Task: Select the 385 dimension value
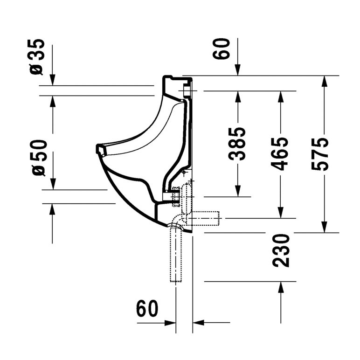click(x=238, y=144)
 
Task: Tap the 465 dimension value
click(x=280, y=154)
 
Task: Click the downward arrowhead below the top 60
click(x=238, y=70)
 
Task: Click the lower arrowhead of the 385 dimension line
click(x=238, y=191)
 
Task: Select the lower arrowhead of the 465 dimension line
click(x=280, y=213)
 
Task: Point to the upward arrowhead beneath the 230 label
click(x=280, y=287)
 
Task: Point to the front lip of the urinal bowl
click(x=99, y=150)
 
